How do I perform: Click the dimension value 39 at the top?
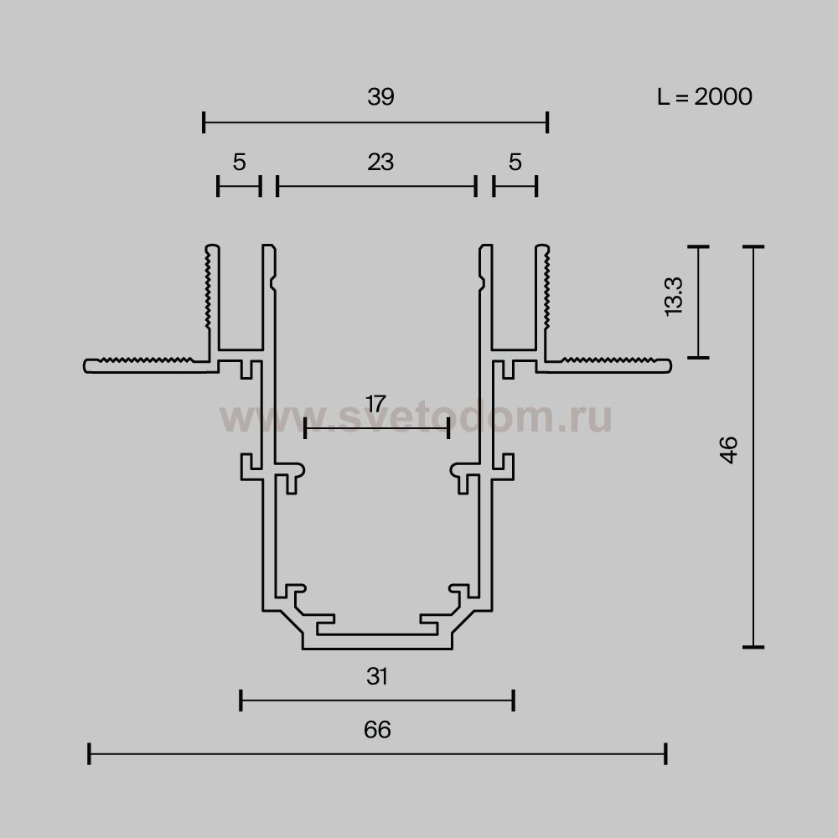tap(380, 96)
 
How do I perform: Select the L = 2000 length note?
tap(705, 96)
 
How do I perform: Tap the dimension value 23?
tap(380, 162)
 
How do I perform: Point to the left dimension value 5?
tap(239, 162)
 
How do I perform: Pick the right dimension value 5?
tap(515, 162)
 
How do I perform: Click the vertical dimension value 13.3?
tap(674, 297)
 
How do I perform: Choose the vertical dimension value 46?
tap(729, 450)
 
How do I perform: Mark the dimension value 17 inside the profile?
tap(375, 404)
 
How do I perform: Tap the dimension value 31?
tap(377, 676)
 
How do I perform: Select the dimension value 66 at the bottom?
tap(377, 730)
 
